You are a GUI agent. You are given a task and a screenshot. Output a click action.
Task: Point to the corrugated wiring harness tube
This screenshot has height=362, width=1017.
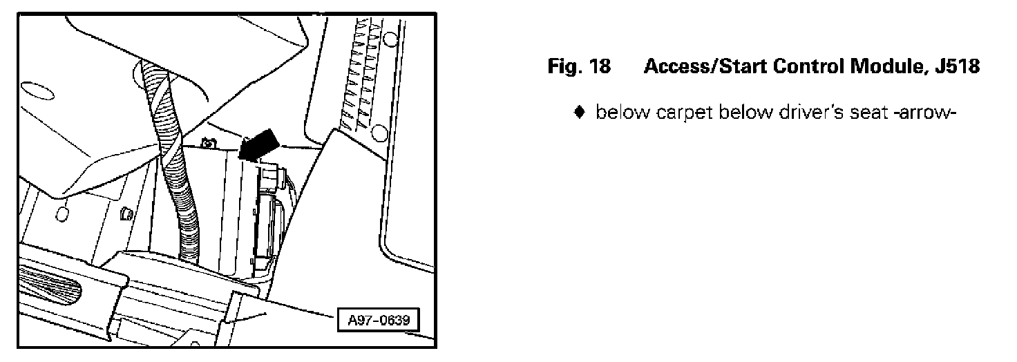tap(172, 159)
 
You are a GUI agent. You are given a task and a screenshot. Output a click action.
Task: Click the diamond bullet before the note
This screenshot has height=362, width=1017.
tap(581, 113)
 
